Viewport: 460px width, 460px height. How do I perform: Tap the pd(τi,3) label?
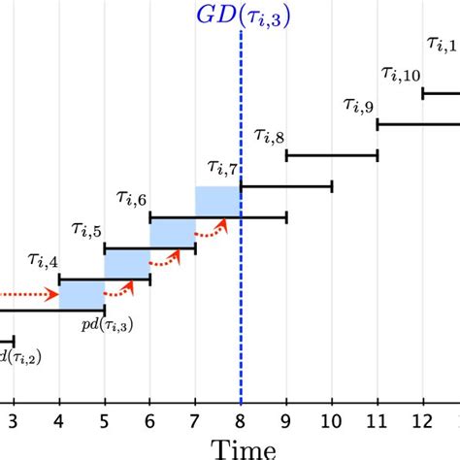click(107, 325)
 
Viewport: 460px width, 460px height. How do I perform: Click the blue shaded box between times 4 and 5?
click(82, 295)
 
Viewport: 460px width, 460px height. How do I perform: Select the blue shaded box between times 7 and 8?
click(217, 202)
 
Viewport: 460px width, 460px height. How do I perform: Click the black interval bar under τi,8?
click(331, 155)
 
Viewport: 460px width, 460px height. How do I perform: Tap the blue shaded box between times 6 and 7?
click(172, 233)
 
